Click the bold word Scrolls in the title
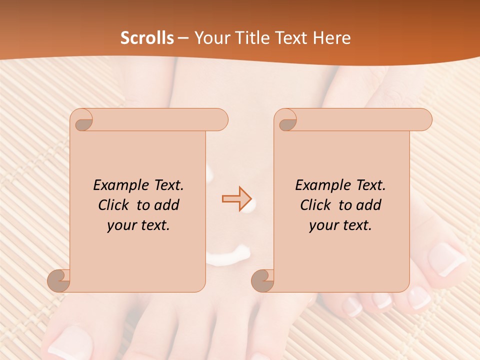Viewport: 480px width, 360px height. tap(147, 38)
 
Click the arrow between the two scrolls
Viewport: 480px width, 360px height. tap(236, 199)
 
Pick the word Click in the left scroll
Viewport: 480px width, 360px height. tap(114, 205)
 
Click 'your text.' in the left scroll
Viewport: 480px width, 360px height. tap(138, 225)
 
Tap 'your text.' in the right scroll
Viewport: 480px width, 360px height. tap(340, 225)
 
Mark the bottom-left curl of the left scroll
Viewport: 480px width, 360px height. tap(59, 280)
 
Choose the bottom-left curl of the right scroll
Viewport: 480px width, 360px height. tap(263, 280)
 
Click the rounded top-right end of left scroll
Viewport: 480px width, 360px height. tap(220, 120)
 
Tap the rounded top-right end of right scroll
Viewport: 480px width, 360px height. tap(424, 120)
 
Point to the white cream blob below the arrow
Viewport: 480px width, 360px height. tap(228, 256)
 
